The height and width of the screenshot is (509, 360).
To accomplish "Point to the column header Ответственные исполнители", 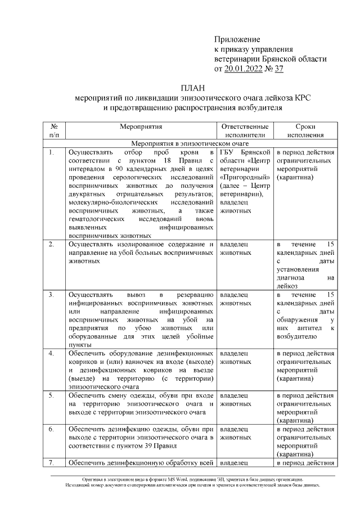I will pyautogui.click(x=245, y=130).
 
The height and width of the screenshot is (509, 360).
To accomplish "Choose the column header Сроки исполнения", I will pyautogui.click(x=305, y=130).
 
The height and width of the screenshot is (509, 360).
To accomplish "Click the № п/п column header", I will pyautogui.click(x=54, y=130).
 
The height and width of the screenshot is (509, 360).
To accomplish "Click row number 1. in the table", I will pyautogui.click(x=52, y=152).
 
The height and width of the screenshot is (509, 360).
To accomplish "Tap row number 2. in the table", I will pyautogui.click(x=52, y=244).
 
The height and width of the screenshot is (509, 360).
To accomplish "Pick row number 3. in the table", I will pyautogui.click(x=52, y=294).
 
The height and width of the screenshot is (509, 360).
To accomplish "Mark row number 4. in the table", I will pyautogui.click(x=52, y=353).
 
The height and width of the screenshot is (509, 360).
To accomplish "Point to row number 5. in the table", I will pyautogui.click(x=52, y=395).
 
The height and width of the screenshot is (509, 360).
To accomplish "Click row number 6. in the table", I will pyautogui.click(x=52, y=429).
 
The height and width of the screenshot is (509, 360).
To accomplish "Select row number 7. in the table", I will pyautogui.click(x=52, y=462).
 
